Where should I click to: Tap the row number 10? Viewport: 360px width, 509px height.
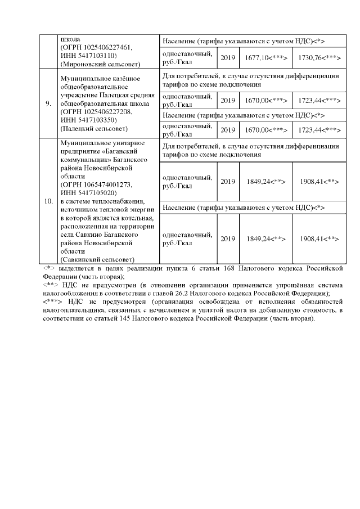tap(49, 200)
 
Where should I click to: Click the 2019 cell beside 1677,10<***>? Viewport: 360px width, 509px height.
tap(228, 58)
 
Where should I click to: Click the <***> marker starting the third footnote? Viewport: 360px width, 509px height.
tap(53, 301)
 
